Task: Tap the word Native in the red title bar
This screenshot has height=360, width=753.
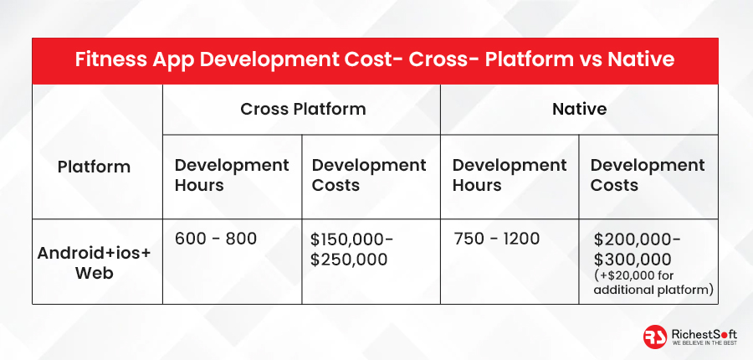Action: pos(641,60)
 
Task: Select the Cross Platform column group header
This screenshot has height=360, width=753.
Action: pos(303,109)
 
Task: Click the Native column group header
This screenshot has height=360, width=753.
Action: pos(579,109)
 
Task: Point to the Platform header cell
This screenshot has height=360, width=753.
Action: pos(94,167)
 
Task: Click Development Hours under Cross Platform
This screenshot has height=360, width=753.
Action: pos(232,175)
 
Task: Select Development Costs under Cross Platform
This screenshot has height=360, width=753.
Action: pos(369,175)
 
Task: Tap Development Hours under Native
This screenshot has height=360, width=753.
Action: pos(510,175)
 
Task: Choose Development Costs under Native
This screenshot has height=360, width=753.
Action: pos(648,175)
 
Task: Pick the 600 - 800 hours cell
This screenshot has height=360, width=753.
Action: pos(216,239)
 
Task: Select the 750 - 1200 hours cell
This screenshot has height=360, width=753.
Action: pos(496,239)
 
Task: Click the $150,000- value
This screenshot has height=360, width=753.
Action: pos(351,239)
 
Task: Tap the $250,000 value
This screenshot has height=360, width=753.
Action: pos(349,260)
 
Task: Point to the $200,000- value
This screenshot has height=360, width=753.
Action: pos(637,239)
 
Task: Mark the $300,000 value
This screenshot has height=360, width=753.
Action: pos(633,260)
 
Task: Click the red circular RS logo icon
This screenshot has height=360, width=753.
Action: pos(655,337)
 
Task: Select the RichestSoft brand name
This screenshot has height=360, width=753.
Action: pos(704,333)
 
